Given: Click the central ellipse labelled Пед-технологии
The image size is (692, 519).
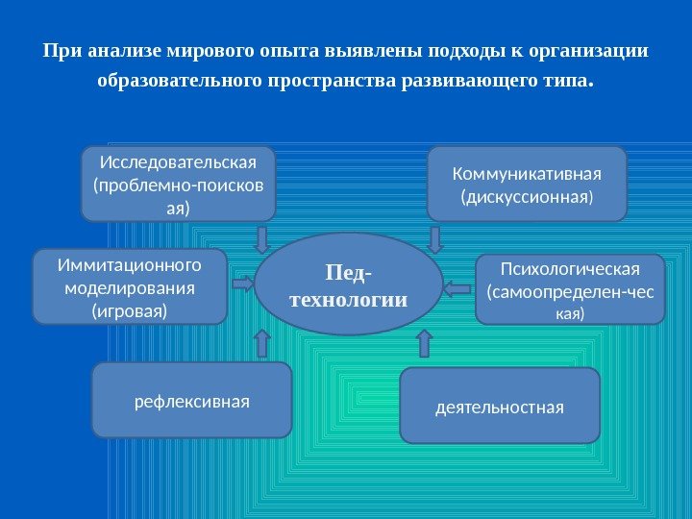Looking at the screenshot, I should point(349,284).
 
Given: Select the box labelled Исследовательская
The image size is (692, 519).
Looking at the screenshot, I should point(179,184).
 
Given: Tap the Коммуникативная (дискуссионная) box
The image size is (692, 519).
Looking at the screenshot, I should point(526,184).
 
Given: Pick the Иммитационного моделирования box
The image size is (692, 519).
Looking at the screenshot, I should point(130,286).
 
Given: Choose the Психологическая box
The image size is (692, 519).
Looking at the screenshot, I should point(570,289).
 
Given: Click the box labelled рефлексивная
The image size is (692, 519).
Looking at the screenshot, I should point(191,400).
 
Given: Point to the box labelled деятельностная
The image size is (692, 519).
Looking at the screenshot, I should point(499,406).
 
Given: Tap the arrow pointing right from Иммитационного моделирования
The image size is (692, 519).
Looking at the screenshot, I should point(243,284).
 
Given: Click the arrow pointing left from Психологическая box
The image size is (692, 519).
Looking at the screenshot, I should point(457,286).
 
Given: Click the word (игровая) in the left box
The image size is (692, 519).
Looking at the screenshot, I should point(129,311).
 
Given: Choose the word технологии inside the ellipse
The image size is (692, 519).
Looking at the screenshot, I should point(349,301).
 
